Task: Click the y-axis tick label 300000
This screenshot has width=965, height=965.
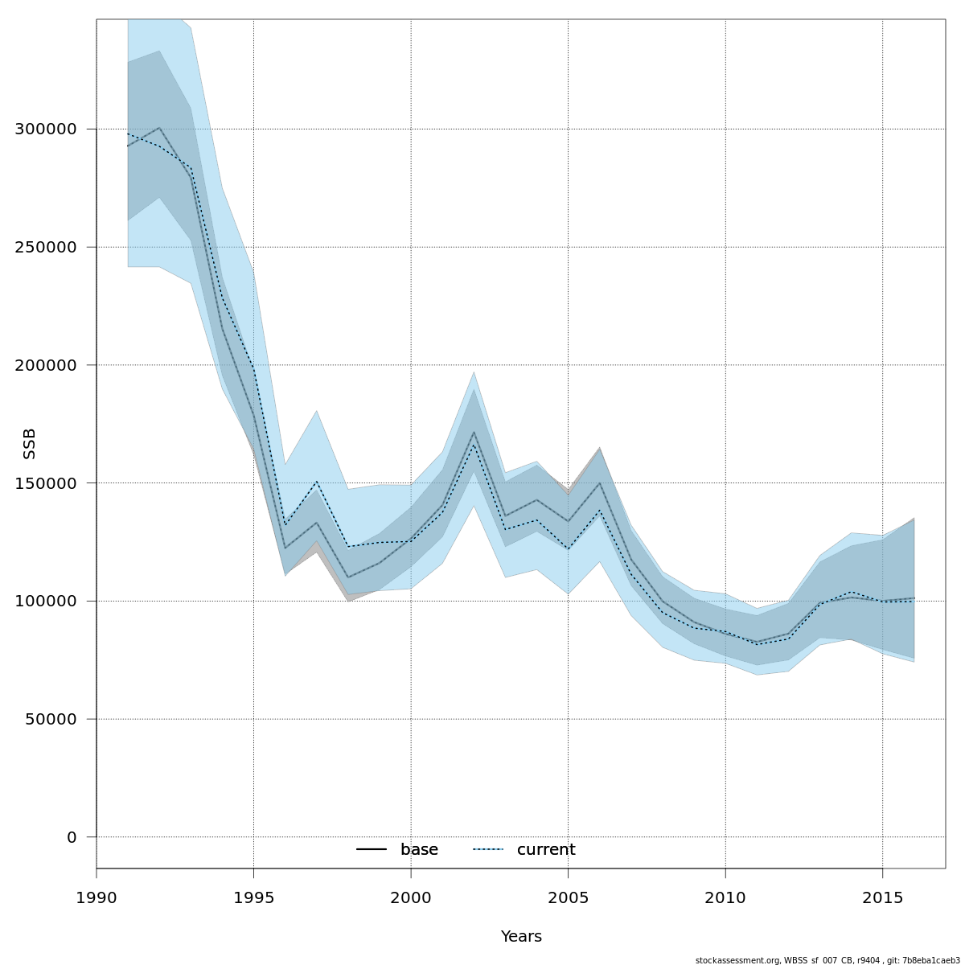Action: pos(46,129)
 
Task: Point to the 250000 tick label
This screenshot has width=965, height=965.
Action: pos(46,247)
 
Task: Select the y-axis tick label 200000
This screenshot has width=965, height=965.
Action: pos(46,365)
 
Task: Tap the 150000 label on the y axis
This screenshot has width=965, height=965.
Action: pos(46,483)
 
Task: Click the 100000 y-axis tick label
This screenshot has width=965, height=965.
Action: pos(46,601)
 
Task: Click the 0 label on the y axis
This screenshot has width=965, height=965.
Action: pos(72,837)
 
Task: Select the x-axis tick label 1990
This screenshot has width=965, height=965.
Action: pos(96,897)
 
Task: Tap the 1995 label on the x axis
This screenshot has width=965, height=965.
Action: pos(253,897)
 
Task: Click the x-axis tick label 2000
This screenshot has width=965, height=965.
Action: pos(411,897)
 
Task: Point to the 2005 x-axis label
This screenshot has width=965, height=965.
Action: pos(568,897)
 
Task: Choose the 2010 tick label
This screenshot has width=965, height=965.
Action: pos(725,897)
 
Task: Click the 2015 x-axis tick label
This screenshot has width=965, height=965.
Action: pos(882,897)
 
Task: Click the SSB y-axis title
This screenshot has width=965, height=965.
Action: pos(30,444)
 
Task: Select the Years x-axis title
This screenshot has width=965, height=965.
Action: pos(521,937)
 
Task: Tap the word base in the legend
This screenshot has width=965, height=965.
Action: pos(419,850)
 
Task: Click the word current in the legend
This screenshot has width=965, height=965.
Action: pos(546,850)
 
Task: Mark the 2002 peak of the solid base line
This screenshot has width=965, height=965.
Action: pos(474,432)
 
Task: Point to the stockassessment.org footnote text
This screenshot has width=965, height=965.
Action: pos(827,960)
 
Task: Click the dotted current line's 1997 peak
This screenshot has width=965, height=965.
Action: pos(316,482)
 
